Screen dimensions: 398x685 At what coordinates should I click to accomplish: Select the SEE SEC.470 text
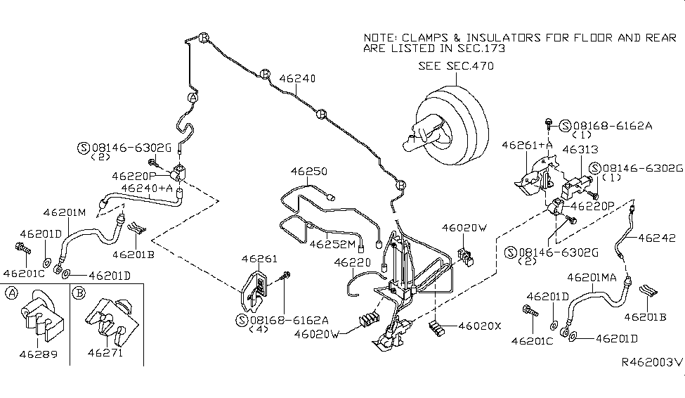point(456,66)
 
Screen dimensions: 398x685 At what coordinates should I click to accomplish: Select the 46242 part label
point(656,238)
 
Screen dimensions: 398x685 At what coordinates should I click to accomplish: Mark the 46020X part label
point(480,326)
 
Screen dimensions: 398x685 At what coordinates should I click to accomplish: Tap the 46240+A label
point(144,188)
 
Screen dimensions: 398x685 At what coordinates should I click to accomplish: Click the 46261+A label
point(528,144)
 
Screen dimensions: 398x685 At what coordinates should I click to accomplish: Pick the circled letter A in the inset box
point(11,293)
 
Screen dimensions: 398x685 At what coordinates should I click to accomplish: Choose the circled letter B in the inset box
point(79,293)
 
